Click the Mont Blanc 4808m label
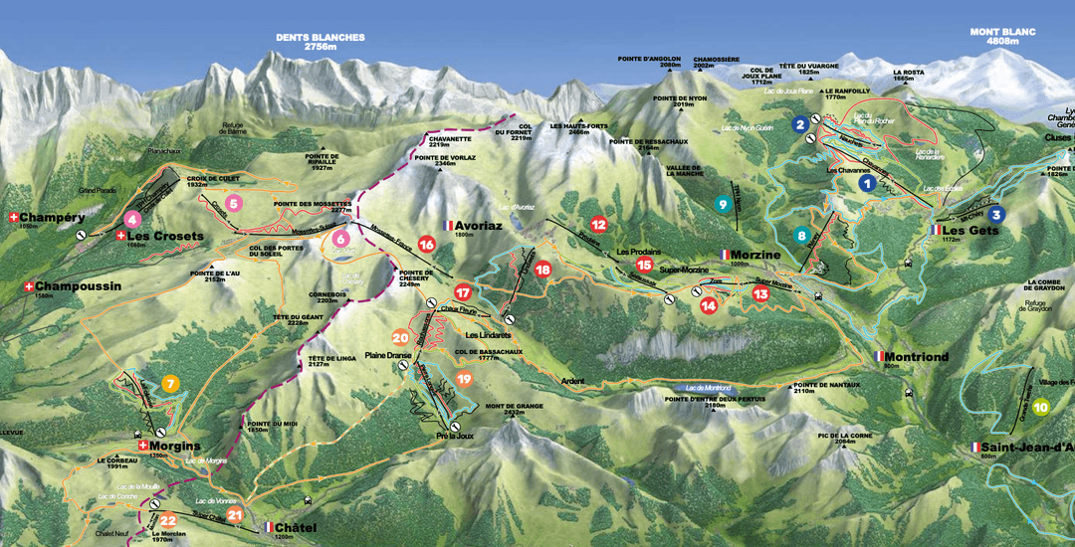(x=1003, y=37)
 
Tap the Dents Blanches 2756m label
(x=321, y=42)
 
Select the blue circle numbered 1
(x=867, y=183)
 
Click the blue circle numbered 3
(x=997, y=214)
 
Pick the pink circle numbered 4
(x=132, y=220)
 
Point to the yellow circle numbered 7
(x=170, y=384)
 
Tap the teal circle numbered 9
(x=723, y=204)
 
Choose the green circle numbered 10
(x=1040, y=406)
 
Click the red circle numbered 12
(x=598, y=224)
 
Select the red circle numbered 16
(x=426, y=245)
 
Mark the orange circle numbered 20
(x=400, y=337)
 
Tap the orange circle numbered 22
(x=168, y=520)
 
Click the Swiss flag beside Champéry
(x=13, y=217)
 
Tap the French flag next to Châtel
(x=268, y=528)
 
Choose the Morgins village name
(x=176, y=446)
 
